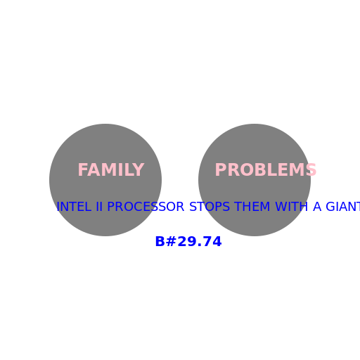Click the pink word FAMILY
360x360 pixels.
[111, 169]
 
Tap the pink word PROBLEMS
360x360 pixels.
[266, 169]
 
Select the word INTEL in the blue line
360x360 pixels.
[74, 207]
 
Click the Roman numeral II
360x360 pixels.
[99, 207]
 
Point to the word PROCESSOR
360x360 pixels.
[146, 207]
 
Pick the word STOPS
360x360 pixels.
[210, 207]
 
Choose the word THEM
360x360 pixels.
[252, 207]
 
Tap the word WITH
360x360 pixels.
[291, 207]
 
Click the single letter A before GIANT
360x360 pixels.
[317, 207]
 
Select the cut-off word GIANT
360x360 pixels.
[343, 207]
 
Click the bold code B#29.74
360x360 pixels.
[188, 241]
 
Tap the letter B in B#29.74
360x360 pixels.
[160, 241]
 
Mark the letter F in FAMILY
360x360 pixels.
[83, 169]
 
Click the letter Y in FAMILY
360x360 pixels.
[139, 169]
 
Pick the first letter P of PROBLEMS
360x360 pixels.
[221, 169]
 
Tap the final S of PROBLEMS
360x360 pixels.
[311, 169]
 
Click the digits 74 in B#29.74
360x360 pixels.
[212, 241]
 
